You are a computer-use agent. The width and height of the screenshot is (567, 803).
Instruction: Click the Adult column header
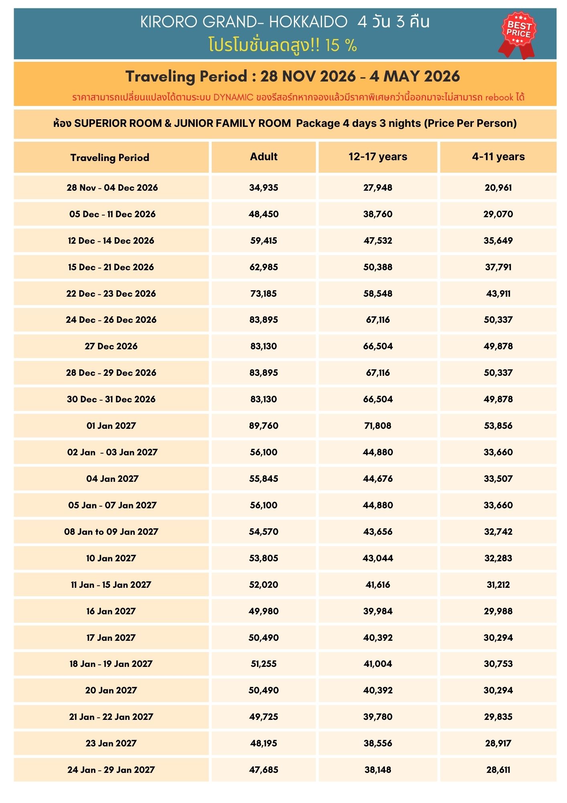263,157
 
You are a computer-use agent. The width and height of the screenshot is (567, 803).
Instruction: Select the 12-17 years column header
378,157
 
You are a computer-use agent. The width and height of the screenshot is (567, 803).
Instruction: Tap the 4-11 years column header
498,157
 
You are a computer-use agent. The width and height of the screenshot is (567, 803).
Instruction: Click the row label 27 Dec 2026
111,346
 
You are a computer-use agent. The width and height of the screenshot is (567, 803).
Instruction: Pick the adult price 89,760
263,426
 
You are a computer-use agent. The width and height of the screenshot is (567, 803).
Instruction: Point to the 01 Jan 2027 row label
111,426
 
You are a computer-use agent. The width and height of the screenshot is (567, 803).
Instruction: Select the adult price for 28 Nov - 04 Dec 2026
263,188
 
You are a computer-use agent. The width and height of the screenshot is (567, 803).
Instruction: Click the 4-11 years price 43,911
498,293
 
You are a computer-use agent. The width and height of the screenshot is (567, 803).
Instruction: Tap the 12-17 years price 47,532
378,240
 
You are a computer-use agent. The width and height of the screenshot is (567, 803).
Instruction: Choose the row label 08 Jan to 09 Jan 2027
111,532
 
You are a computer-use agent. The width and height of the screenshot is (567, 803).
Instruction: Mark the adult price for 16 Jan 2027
263,611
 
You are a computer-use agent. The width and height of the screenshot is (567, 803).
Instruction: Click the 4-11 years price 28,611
498,770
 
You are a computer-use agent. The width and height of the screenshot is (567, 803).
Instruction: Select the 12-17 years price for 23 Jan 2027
378,743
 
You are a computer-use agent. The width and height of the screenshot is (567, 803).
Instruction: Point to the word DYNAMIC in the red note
233,97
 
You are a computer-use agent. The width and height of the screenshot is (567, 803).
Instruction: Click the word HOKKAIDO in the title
308,22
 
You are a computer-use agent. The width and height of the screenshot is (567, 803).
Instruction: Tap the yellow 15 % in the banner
341,45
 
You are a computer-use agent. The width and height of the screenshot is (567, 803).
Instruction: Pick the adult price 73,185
263,293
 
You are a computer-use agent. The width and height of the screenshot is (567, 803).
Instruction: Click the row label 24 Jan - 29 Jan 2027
111,770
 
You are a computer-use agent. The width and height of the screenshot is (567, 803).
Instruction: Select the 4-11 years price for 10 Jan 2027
498,558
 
